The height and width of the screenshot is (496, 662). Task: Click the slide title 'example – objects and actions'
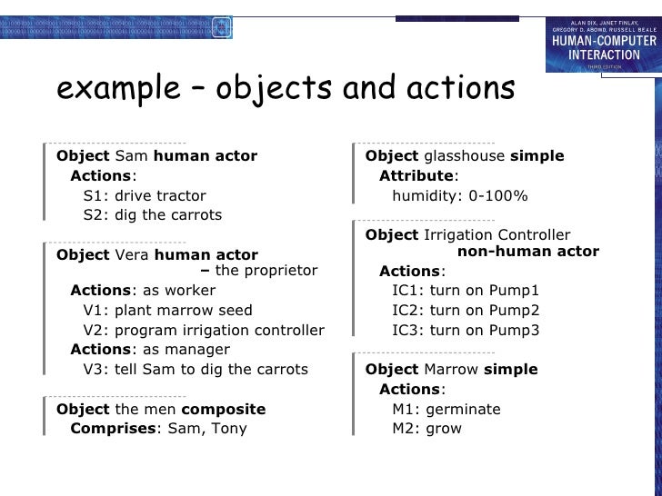click(286, 89)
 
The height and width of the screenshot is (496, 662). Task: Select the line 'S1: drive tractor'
click(144, 195)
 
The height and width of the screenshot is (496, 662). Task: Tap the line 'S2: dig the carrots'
click(152, 215)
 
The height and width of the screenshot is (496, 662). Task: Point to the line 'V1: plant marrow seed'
click(167, 311)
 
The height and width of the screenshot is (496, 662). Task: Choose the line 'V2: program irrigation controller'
click(203, 330)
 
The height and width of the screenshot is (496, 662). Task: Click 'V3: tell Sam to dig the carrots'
click(195, 370)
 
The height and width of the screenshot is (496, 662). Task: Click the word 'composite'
click(224, 409)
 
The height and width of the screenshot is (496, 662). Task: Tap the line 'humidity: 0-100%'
click(459, 195)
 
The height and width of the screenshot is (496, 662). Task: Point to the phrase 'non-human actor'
click(527, 252)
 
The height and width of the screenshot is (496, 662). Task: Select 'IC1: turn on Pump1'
click(466, 291)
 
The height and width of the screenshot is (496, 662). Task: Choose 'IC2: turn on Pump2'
click(466, 311)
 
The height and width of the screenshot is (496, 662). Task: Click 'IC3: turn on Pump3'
click(466, 330)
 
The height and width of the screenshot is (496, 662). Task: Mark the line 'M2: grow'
click(426, 429)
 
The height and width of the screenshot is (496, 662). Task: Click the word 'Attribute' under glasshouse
click(416, 175)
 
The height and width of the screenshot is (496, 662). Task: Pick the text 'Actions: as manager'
click(150, 350)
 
